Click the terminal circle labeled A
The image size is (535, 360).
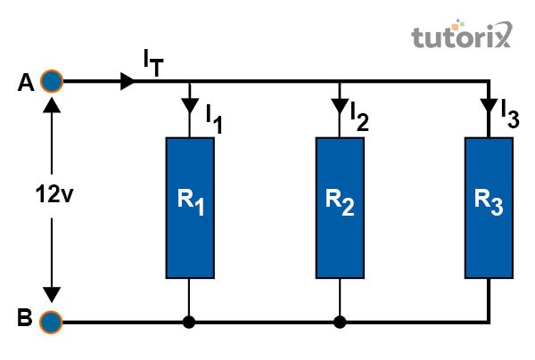coord(52,82)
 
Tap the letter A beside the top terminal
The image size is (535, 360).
coord(25,83)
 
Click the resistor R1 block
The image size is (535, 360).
coord(190,207)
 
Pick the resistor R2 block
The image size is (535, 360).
coord(340,207)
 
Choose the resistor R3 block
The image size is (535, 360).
coord(490,207)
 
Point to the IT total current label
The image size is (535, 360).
coord(152,61)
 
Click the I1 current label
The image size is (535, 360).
coord(213,117)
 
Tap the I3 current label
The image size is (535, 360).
coord(509,113)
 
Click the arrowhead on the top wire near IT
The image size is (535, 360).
coord(128,82)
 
